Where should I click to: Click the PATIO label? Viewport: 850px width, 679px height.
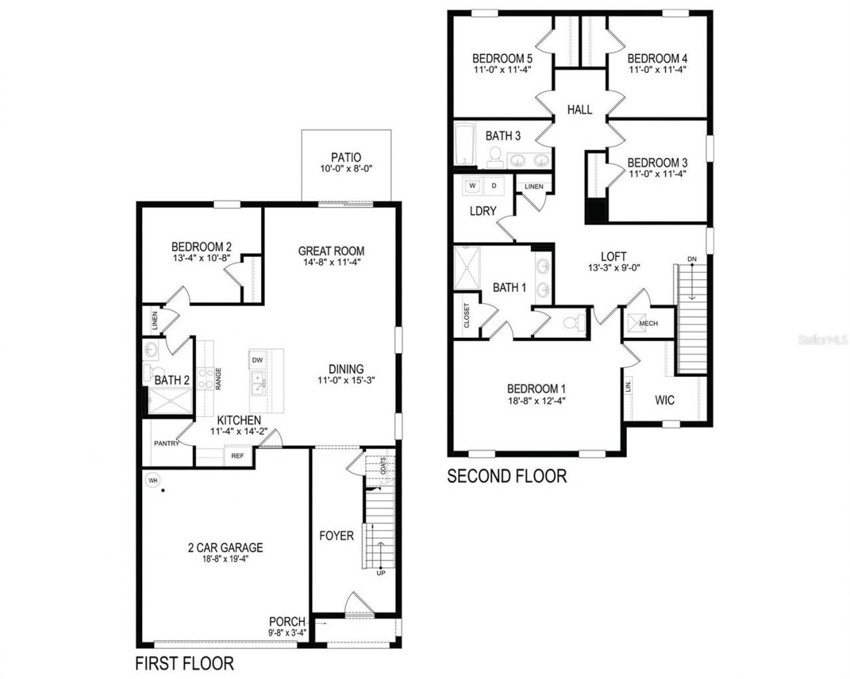click(x=345, y=157)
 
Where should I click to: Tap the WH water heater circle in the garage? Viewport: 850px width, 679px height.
click(x=153, y=479)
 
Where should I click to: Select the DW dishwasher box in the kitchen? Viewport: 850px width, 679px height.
click(x=258, y=360)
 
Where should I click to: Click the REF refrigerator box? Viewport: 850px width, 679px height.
click(x=238, y=456)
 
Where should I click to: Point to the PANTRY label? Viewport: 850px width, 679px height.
click(x=167, y=443)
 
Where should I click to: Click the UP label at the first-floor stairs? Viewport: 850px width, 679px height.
click(x=381, y=573)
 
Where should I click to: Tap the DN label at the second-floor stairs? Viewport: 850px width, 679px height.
click(x=692, y=259)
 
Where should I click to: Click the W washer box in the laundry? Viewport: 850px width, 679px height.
click(x=473, y=186)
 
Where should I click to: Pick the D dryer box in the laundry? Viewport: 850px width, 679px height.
click(x=493, y=186)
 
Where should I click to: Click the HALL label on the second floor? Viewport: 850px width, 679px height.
click(x=579, y=110)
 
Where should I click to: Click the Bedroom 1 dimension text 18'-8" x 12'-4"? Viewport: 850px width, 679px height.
click(x=536, y=401)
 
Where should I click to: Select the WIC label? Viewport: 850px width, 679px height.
click(x=664, y=400)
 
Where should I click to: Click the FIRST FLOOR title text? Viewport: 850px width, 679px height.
click(x=185, y=662)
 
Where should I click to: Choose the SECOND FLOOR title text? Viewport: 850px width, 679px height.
click(x=507, y=476)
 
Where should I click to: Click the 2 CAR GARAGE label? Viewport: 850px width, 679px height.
click(x=225, y=548)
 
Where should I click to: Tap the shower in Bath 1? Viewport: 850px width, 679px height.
click(x=466, y=268)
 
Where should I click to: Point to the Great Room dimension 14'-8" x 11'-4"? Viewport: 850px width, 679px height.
click(x=331, y=262)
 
